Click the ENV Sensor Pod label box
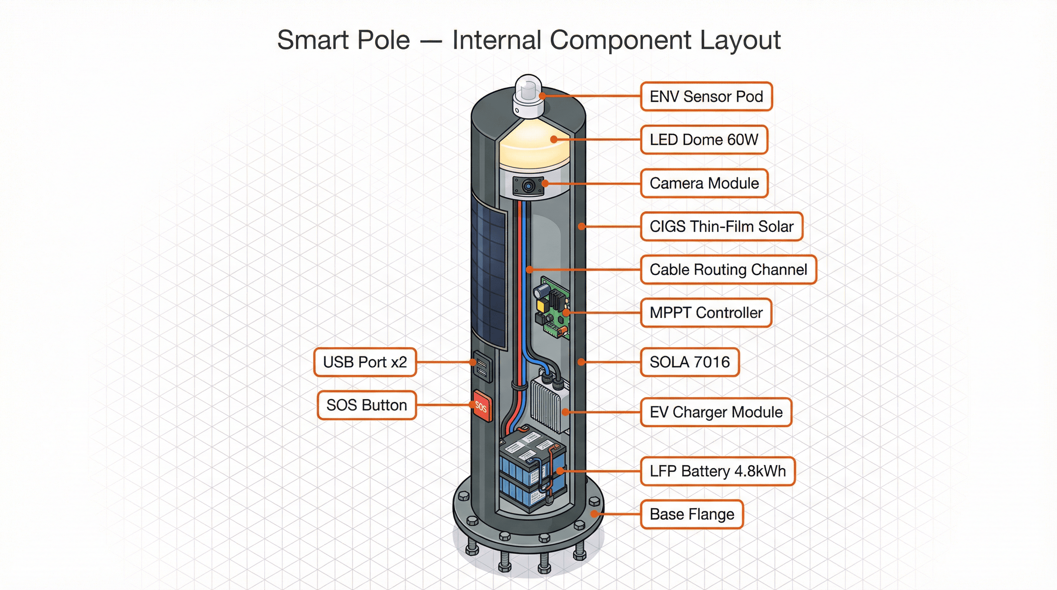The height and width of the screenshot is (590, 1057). [x=706, y=96]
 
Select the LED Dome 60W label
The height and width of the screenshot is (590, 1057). [x=704, y=139]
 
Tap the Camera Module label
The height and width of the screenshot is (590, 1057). [x=704, y=183]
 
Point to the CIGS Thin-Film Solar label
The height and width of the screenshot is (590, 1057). [x=721, y=227]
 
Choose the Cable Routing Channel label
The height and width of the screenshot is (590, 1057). [x=728, y=270]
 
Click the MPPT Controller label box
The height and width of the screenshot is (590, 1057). [x=706, y=313]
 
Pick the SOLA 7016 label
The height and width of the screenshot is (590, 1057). [x=690, y=362]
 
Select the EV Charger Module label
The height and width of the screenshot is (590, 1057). [x=716, y=412]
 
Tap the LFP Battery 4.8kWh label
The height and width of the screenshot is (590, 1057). [x=717, y=471]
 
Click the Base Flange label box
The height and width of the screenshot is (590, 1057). [x=692, y=514]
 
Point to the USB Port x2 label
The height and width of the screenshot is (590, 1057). [x=365, y=362]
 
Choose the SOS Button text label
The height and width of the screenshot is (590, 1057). [x=366, y=405]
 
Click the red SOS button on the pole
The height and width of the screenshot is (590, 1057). [x=481, y=406]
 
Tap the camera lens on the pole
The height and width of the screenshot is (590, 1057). [x=528, y=186]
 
